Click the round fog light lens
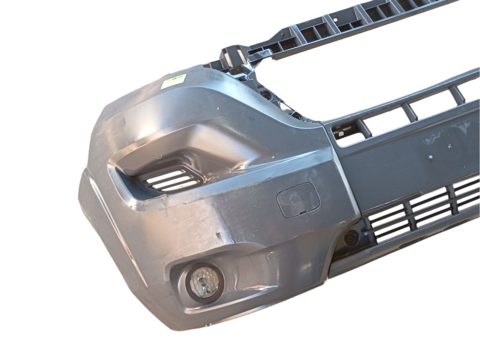pos(204,282)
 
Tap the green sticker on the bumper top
pos(173,82)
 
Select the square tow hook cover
pos(298,200)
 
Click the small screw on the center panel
pos(430,157)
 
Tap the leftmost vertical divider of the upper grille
pos(362,128)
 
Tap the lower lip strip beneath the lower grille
pos(408,246)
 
